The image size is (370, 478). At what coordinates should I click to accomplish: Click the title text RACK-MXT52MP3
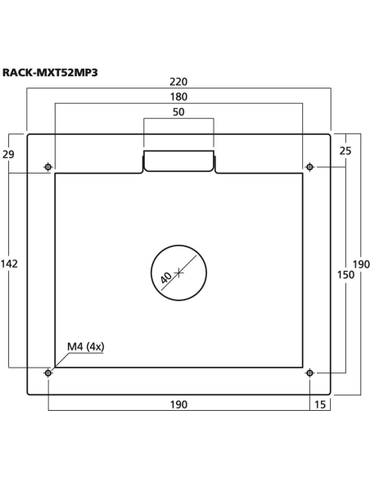click(51, 72)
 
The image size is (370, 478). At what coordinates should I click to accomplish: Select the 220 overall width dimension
click(178, 82)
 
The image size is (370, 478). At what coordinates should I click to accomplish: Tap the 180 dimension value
click(178, 96)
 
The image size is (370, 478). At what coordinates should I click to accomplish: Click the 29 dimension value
click(11, 154)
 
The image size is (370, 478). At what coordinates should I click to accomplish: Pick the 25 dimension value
click(345, 151)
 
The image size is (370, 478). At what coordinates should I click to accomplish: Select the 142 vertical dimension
click(10, 264)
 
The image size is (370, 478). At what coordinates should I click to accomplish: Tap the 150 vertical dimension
click(345, 274)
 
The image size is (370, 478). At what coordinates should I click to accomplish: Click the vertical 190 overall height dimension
click(361, 264)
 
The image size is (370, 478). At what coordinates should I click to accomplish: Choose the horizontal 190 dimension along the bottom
click(178, 404)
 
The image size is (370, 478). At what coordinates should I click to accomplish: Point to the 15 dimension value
click(319, 404)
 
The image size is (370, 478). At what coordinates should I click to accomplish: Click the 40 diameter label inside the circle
click(166, 277)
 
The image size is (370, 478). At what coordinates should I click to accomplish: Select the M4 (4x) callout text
click(85, 346)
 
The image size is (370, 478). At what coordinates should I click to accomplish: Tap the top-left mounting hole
click(48, 168)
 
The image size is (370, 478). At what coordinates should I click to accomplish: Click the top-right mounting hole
click(309, 168)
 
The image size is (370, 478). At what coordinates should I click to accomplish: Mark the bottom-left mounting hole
click(48, 373)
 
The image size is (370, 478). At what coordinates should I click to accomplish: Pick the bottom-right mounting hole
click(309, 373)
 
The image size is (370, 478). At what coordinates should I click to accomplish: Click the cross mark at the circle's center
click(179, 271)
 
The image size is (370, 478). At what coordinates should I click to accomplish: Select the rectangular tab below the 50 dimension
click(178, 161)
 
